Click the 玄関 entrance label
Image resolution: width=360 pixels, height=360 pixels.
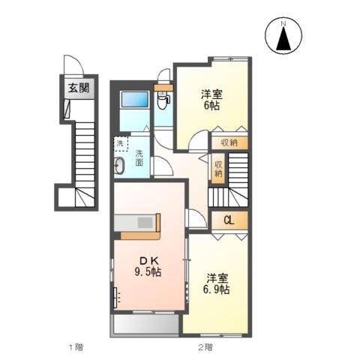pos(79,88)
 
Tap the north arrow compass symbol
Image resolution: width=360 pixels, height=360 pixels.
pos(283,35)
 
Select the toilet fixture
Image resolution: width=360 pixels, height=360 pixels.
pos(163,100)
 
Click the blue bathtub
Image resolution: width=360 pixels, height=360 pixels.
pos(134,100)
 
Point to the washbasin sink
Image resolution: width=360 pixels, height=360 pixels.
pos(119,165)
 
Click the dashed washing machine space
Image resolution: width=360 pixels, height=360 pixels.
pos(121,144)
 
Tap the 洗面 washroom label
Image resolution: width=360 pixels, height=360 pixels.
pos(139,157)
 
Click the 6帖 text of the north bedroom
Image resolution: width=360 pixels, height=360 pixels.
pos(211,106)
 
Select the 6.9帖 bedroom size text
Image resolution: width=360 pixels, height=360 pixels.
pos(216,289)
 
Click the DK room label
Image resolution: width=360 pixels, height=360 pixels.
pos(149,261)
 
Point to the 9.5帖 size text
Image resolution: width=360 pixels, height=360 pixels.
pos(148,272)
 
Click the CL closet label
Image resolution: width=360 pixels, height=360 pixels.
pos(229,220)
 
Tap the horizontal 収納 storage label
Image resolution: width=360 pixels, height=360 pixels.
pos(229,143)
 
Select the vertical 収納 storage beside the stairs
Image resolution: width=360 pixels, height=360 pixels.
pos(218,169)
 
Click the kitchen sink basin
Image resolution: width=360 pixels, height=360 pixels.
pos(145,223)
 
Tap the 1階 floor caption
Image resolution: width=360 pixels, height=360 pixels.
pos(76,347)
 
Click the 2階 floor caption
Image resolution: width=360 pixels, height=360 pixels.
pos(205,347)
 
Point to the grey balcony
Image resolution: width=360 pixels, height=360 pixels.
pos(146,324)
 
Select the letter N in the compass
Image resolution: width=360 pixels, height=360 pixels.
pos(283,24)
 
